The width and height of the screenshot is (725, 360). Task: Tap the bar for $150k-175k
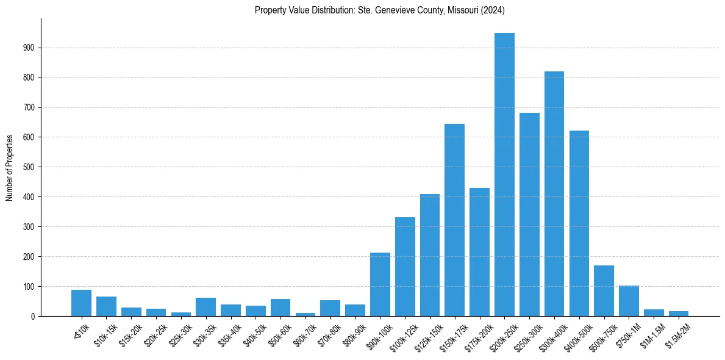click(x=454, y=220)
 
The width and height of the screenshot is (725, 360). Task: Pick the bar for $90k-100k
click(x=380, y=284)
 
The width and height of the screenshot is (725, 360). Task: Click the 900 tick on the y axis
click(x=31, y=48)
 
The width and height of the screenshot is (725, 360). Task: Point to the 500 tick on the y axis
click(x=31, y=167)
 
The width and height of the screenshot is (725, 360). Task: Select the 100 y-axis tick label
click(x=31, y=287)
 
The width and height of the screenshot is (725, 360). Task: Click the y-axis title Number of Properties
click(x=10, y=168)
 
